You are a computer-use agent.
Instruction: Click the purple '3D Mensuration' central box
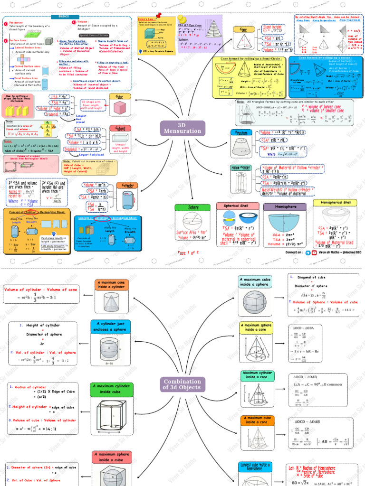pos(183,128)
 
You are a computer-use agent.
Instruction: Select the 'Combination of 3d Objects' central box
pos(182,384)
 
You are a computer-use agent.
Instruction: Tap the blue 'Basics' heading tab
pos(63,16)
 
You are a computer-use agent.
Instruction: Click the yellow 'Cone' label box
pos(244,29)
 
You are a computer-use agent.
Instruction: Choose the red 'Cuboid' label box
pos(117,128)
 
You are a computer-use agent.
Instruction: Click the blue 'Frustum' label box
pos(241,133)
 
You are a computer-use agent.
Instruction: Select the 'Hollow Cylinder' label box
pos(241,168)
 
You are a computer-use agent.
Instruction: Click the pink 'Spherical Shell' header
pos(238,206)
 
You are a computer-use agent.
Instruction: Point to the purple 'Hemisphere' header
pos(285,207)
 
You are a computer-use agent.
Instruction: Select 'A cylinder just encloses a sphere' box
pos(110,327)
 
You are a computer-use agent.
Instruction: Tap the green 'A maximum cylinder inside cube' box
pos(111,389)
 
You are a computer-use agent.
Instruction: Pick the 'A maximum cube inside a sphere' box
pos(256,281)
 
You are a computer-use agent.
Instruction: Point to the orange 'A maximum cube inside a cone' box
pos(257,420)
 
